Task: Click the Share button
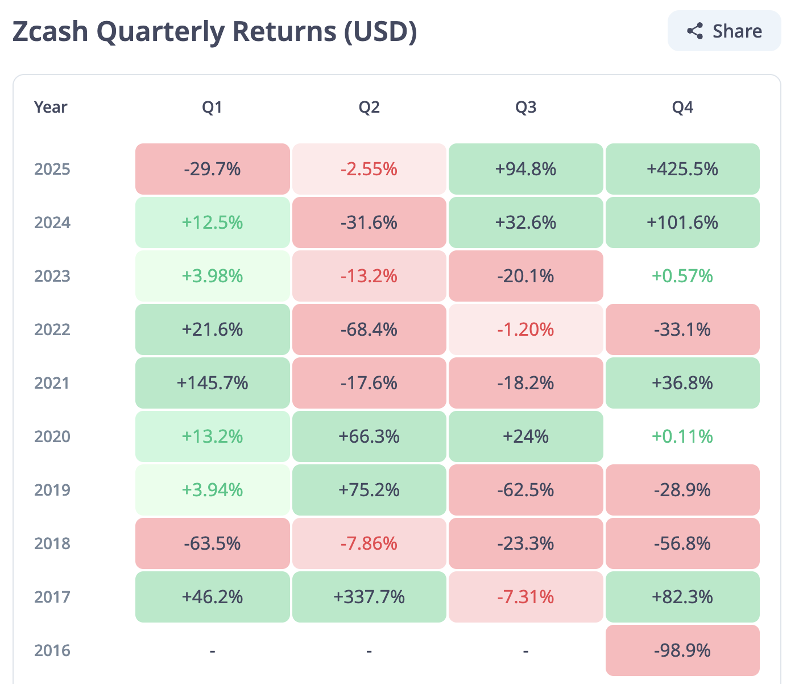(x=724, y=31)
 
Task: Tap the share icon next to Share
(x=695, y=31)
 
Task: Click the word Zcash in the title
(x=50, y=31)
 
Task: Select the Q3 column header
(x=525, y=107)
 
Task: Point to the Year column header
(x=51, y=107)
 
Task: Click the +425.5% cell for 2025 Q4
(x=682, y=169)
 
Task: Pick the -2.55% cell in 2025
(x=369, y=169)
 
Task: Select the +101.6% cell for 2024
(x=682, y=222)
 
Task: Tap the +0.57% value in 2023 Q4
(x=682, y=276)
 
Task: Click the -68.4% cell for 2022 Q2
(x=369, y=329)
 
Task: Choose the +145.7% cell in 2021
(x=212, y=383)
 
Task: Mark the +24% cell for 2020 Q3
(x=525, y=436)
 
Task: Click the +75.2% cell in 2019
(x=369, y=490)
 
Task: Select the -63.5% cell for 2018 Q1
(x=212, y=543)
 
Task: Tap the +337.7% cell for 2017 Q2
(x=369, y=597)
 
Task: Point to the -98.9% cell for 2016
(x=682, y=650)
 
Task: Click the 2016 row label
(x=52, y=650)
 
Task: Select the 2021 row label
(x=52, y=383)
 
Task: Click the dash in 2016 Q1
(x=212, y=650)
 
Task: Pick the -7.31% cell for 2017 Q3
(x=525, y=597)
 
